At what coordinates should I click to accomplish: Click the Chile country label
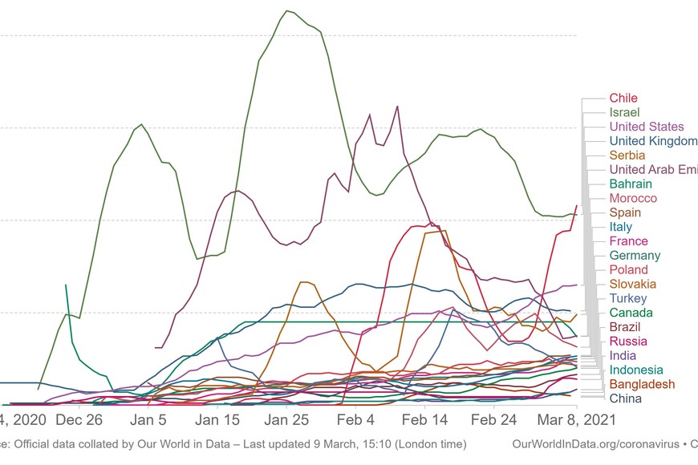[x=623, y=98]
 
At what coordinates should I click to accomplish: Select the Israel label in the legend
[x=624, y=112]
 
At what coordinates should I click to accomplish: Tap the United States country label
[x=647, y=127]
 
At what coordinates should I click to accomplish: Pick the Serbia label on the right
[x=627, y=155]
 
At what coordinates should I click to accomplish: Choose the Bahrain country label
[x=631, y=184]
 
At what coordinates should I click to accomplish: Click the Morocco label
[x=633, y=198]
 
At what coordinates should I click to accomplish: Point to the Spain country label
[x=625, y=212]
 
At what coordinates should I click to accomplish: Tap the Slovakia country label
[x=632, y=284]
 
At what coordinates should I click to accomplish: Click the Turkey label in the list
[x=627, y=298]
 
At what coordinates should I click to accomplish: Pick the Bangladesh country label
[x=642, y=384]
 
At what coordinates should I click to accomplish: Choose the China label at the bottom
[x=625, y=398]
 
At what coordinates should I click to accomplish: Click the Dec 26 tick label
[x=79, y=419]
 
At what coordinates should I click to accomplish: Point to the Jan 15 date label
[x=217, y=419]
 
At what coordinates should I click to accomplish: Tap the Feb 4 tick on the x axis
[x=356, y=419]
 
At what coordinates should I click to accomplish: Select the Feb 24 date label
[x=493, y=419]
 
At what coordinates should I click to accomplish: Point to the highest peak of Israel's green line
[x=286, y=11]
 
